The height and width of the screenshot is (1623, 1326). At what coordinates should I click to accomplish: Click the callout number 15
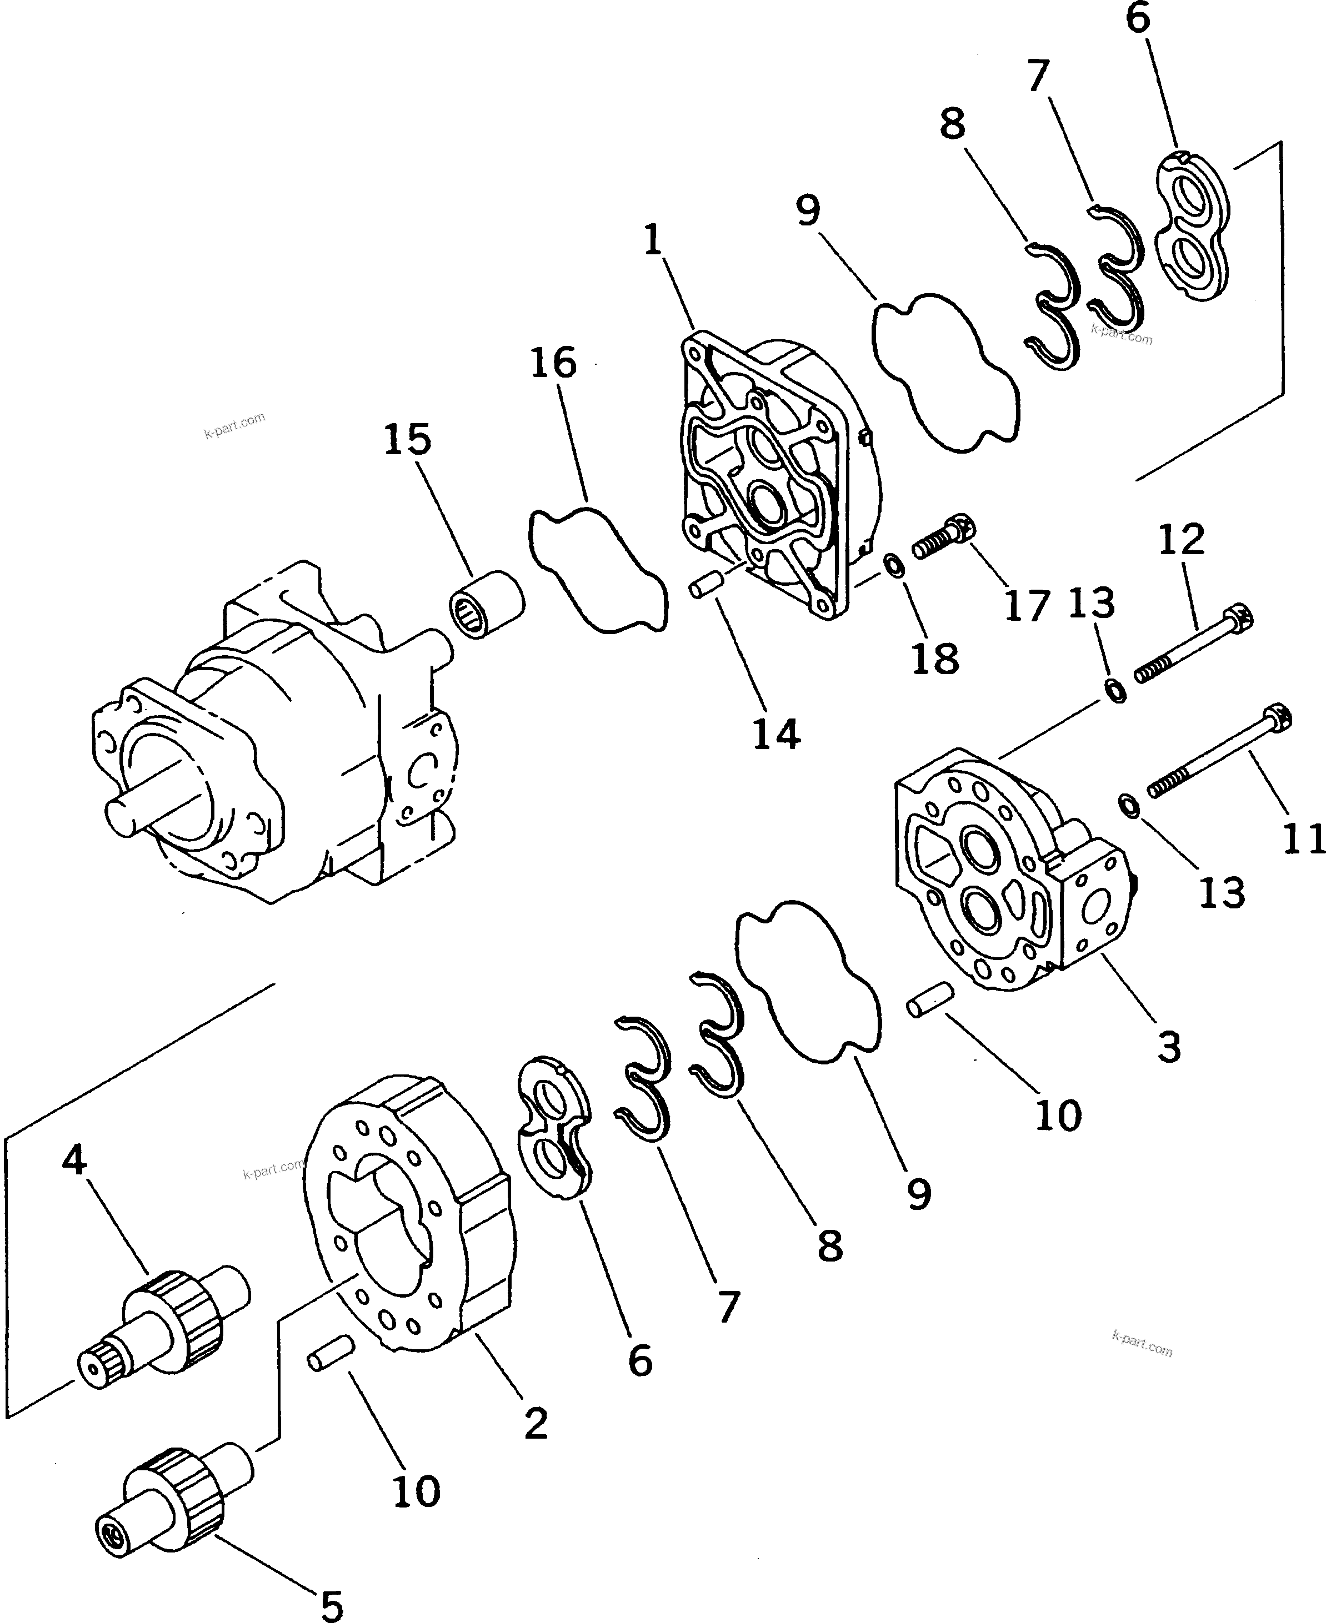click(407, 440)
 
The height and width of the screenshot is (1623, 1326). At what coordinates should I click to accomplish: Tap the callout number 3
click(1169, 1047)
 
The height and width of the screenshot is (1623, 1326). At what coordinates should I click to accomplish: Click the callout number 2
click(536, 1422)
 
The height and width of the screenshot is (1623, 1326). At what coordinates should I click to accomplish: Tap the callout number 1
click(652, 241)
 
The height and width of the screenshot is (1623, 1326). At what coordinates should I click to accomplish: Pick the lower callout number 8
click(829, 1247)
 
